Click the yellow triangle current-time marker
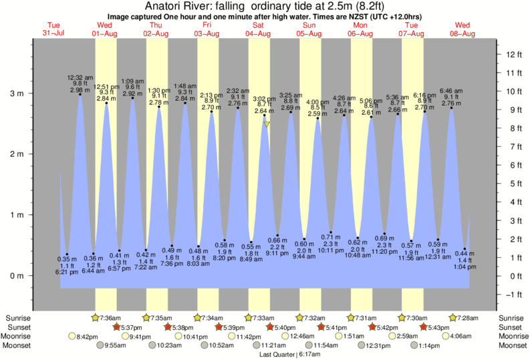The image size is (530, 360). point(267,124)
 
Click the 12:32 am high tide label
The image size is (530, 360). point(80,83)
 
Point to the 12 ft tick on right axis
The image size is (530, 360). point(512,54)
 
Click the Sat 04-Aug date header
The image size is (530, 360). point(258,29)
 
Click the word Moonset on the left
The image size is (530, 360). point(21,345)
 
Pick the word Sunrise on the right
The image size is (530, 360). point(511,318)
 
